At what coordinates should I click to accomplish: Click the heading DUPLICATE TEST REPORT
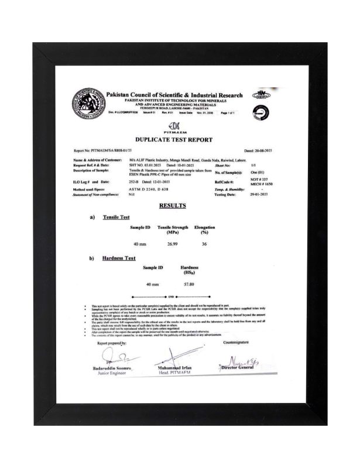coord(174,139)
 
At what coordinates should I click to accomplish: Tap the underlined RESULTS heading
coord(173,205)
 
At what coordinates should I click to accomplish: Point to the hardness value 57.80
coord(189,284)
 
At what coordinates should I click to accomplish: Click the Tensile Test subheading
coord(115,217)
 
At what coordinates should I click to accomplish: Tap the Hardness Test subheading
coord(119,258)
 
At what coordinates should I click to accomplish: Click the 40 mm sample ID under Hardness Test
coord(152,284)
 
